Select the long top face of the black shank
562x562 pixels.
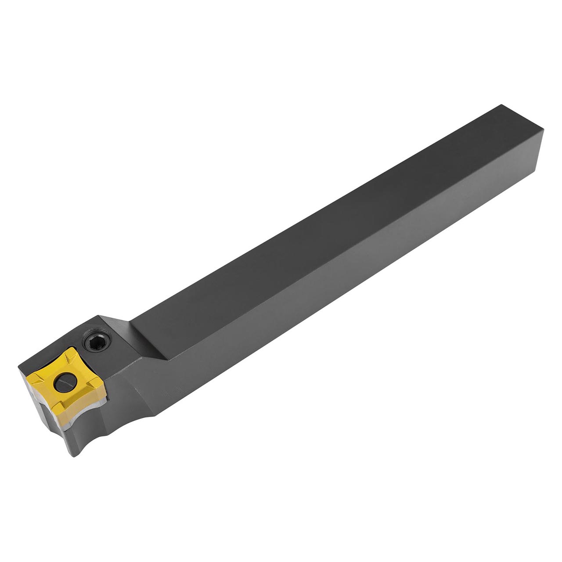(307, 220)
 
